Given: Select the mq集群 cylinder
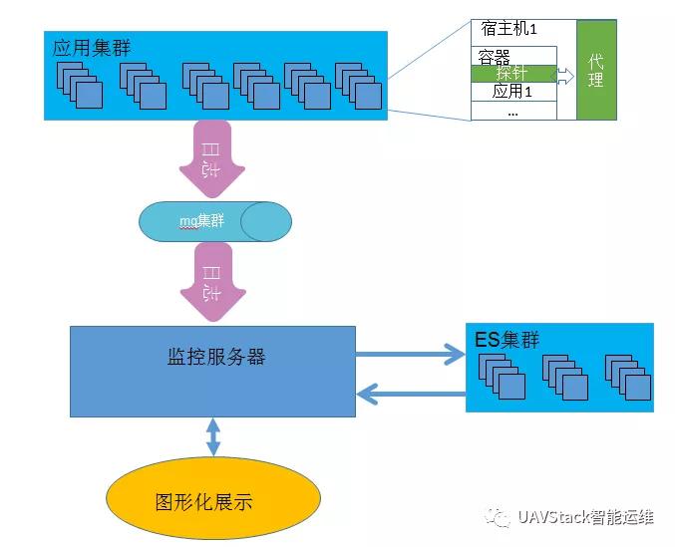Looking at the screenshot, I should [215, 221].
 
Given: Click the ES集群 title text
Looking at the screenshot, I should [506, 340].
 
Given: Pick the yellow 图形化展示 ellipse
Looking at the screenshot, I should [213, 500].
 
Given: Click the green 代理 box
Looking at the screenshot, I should [595, 70].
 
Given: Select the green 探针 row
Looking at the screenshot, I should [512, 74].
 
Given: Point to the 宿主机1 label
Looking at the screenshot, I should [514, 30].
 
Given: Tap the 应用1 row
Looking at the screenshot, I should [512, 92].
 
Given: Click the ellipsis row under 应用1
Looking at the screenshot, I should [512, 111].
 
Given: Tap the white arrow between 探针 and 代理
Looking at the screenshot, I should [564, 75].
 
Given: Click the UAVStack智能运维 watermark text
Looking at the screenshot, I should [584, 517].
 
